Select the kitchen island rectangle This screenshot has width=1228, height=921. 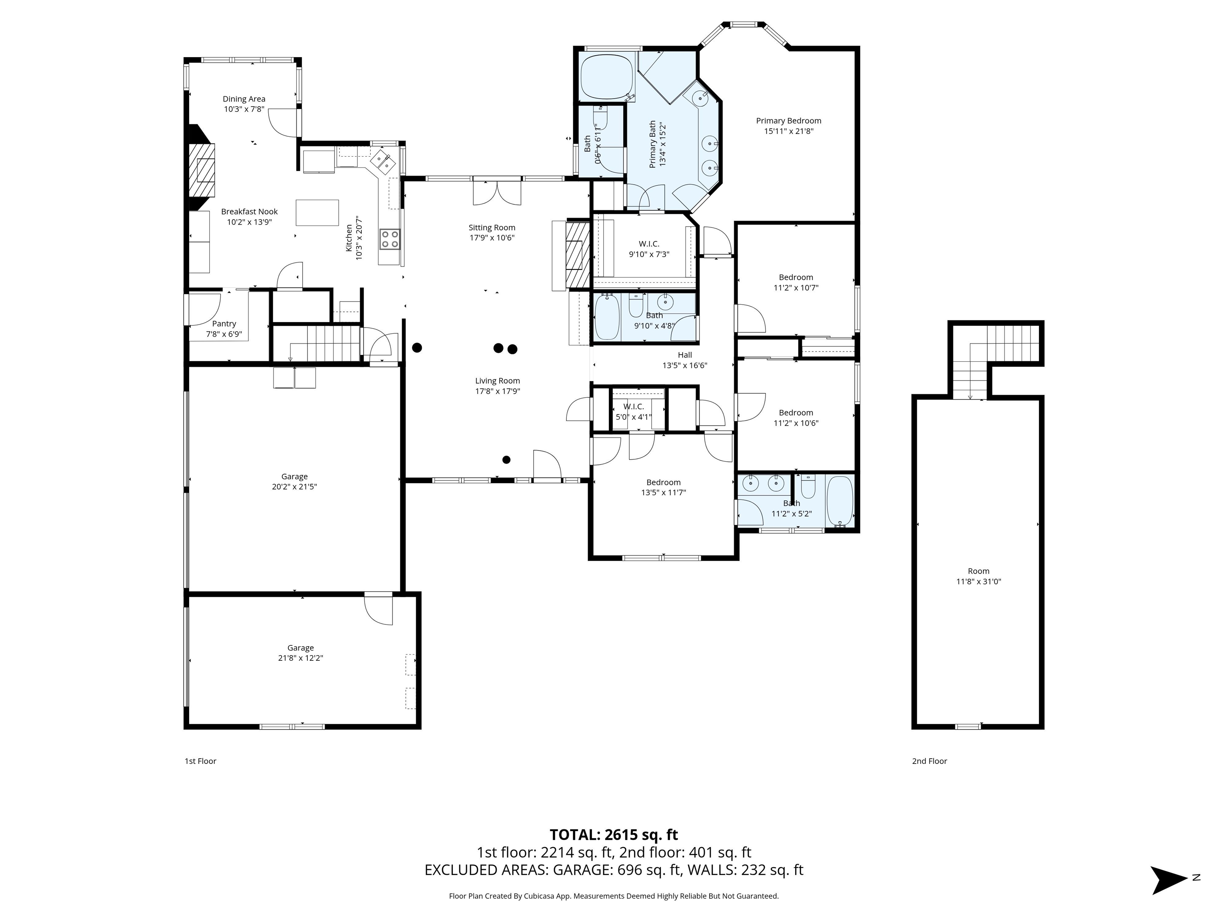(x=317, y=213)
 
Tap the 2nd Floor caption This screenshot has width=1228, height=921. (x=929, y=761)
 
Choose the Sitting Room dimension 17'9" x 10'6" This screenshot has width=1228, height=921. (x=492, y=237)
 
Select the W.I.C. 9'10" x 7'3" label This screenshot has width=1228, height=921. (x=648, y=249)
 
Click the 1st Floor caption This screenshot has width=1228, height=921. (x=200, y=761)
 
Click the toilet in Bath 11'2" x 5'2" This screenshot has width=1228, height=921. (x=808, y=487)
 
